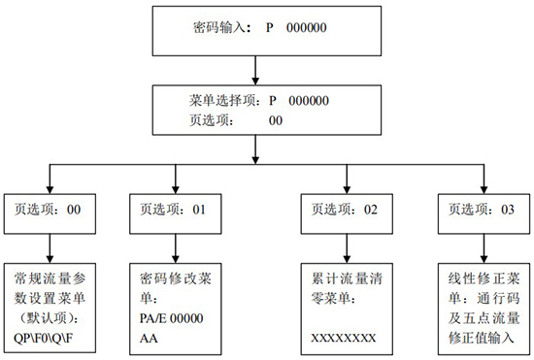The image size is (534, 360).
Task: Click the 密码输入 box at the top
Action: click(x=254, y=30)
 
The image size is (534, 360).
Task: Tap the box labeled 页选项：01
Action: click(x=174, y=209)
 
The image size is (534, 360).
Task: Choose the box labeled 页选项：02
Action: click(x=344, y=209)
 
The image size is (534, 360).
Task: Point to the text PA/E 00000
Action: click(x=175, y=317)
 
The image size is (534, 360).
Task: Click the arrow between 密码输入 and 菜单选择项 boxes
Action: click(x=254, y=71)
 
